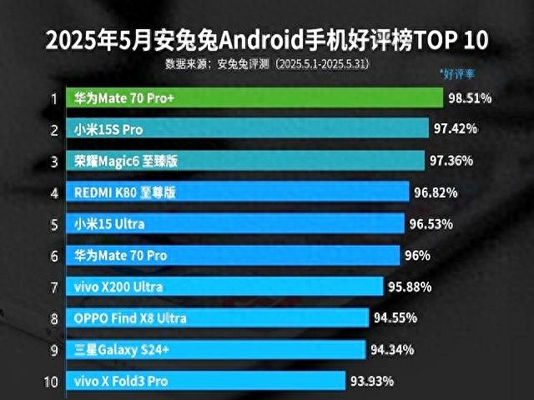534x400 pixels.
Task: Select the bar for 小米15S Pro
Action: click(250, 129)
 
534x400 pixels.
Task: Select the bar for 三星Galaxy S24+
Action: click(217, 349)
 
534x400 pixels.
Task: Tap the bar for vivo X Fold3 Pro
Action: click(209, 381)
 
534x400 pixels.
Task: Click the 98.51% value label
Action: click(470, 98)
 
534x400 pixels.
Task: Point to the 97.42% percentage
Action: click(456, 129)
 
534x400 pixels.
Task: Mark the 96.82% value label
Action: click(436, 192)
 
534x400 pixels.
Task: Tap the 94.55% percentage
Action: click(395, 317)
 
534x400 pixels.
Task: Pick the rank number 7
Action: click(53, 287)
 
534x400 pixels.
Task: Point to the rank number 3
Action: click(53, 161)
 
